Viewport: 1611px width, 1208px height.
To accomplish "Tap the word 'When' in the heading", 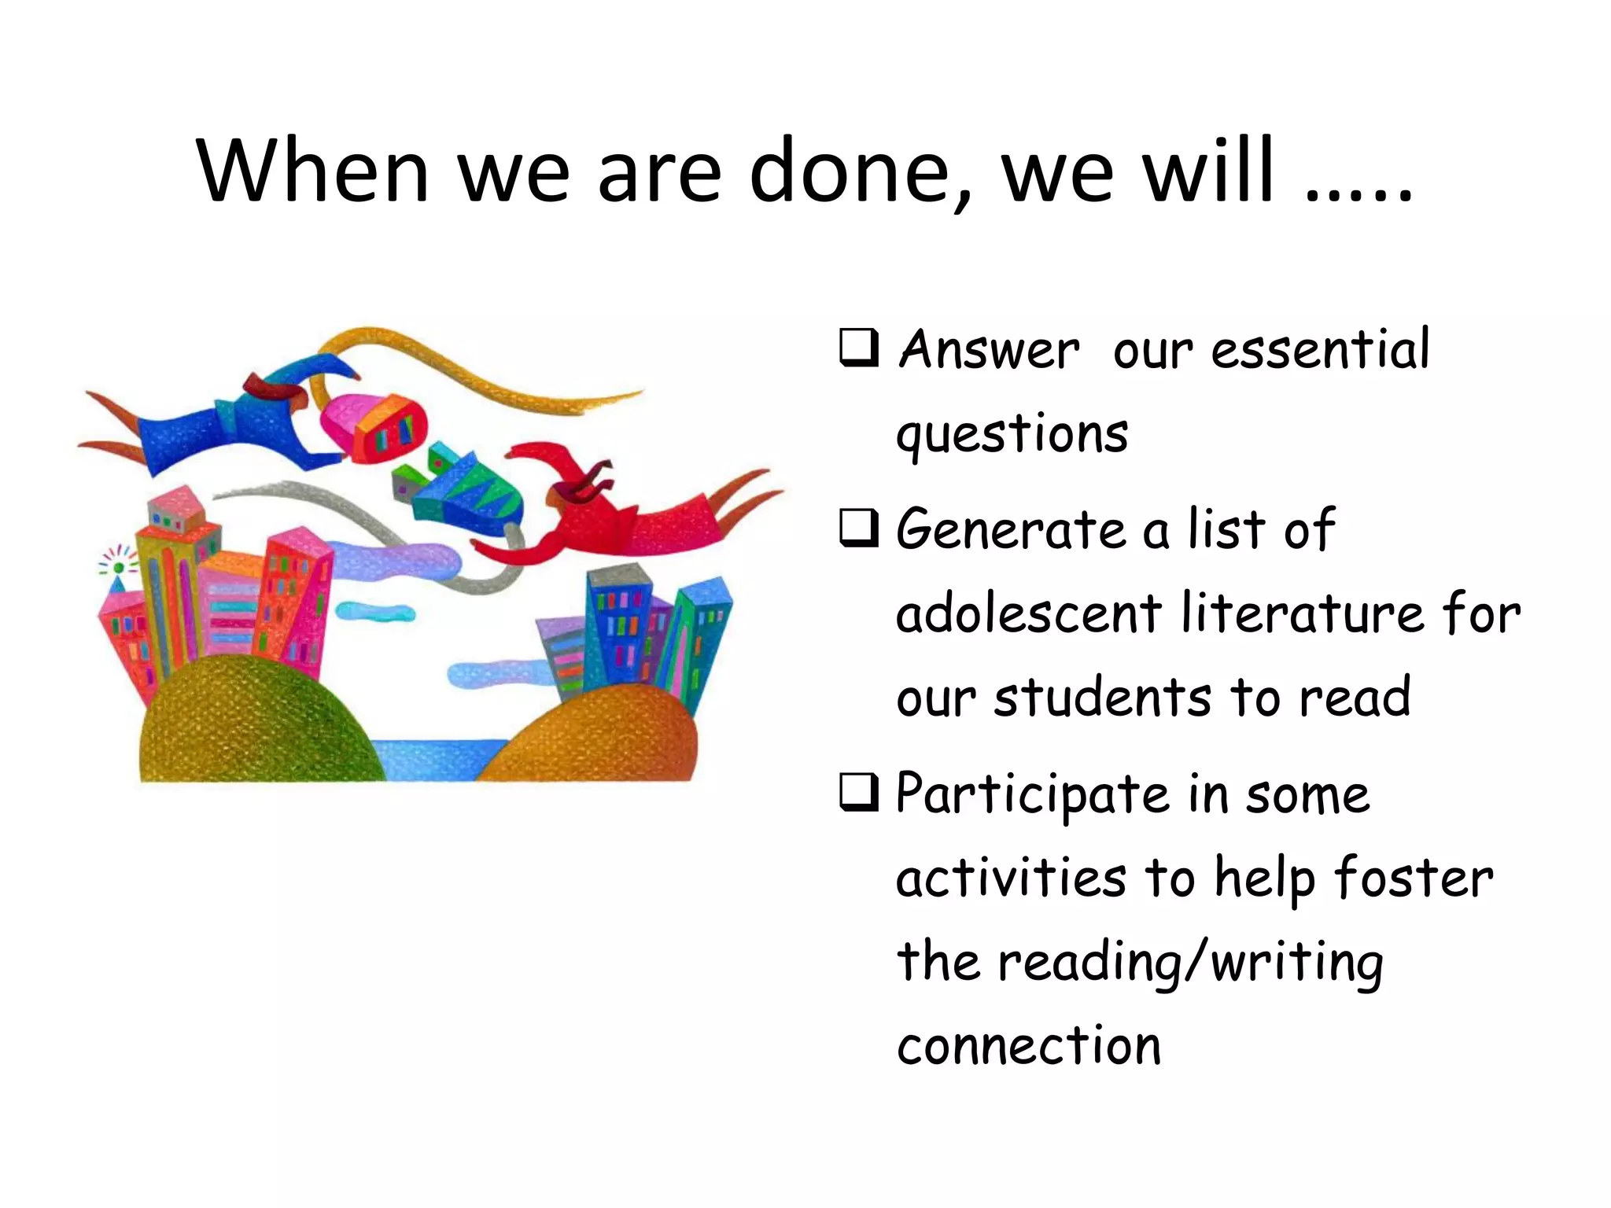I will coord(312,171).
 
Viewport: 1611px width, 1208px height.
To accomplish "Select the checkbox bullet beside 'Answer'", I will coord(858,348).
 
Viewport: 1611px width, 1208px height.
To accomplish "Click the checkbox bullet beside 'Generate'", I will coord(858,528).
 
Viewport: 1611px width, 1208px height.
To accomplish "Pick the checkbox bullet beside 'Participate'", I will coord(858,792).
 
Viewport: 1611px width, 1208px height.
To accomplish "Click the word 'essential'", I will coord(1320,349).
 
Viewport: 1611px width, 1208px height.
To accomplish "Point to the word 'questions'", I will coord(1012,435).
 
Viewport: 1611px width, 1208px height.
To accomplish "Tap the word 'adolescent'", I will coord(1029,613).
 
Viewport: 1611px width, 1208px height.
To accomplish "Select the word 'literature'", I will coord(1302,613).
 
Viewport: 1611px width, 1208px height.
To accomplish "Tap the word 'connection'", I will coord(1029,1047).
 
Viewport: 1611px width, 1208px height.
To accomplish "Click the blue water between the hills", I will coord(437,760).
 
